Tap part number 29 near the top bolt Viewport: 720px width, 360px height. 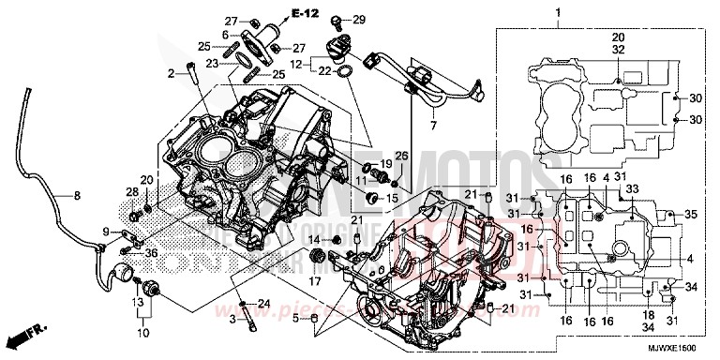(359, 20)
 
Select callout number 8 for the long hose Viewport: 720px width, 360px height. (78, 196)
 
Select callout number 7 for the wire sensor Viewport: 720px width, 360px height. (434, 125)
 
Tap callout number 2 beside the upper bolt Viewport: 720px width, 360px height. (172, 72)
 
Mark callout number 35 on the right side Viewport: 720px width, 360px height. (692, 215)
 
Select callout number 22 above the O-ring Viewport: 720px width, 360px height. (321, 71)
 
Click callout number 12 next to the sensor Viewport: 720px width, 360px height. (296, 64)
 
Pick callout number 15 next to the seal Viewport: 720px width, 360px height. (391, 198)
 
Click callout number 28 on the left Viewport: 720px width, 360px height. (130, 191)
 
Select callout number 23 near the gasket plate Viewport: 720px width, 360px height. (212, 64)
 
